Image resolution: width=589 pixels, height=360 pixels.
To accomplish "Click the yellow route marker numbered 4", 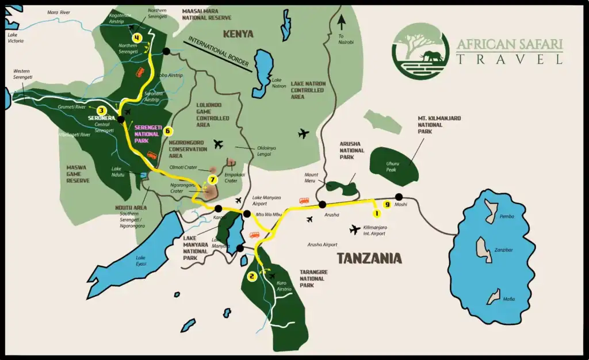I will pyautogui.click(x=136, y=38).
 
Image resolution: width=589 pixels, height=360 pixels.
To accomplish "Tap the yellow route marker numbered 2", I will pyautogui.click(x=252, y=277).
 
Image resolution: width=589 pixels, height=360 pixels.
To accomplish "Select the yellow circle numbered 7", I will pyautogui.click(x=213, y=179).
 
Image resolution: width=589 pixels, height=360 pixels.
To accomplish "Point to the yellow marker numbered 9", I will pyautogui.click(x=387, y=204).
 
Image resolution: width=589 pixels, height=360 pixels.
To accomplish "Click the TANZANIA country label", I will pyautogui.click(x=369, y=258).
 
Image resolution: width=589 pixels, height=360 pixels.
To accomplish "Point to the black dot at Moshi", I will pyautogui.click(x=399, y=197).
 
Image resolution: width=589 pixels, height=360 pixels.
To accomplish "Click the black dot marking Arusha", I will pyautogui.click(x=323, y=204).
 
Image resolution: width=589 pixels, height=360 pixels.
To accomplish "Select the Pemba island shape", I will pyautogui.click(x=491, y=209).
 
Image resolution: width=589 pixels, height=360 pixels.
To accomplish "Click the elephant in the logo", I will pyautogui.click(x=432, y=56).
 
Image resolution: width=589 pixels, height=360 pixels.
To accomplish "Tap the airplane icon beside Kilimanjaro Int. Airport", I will pyautogui.click(x=355, y=229).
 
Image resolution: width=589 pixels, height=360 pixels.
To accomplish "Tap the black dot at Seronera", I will pyautogui.click(x=121, y=120).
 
